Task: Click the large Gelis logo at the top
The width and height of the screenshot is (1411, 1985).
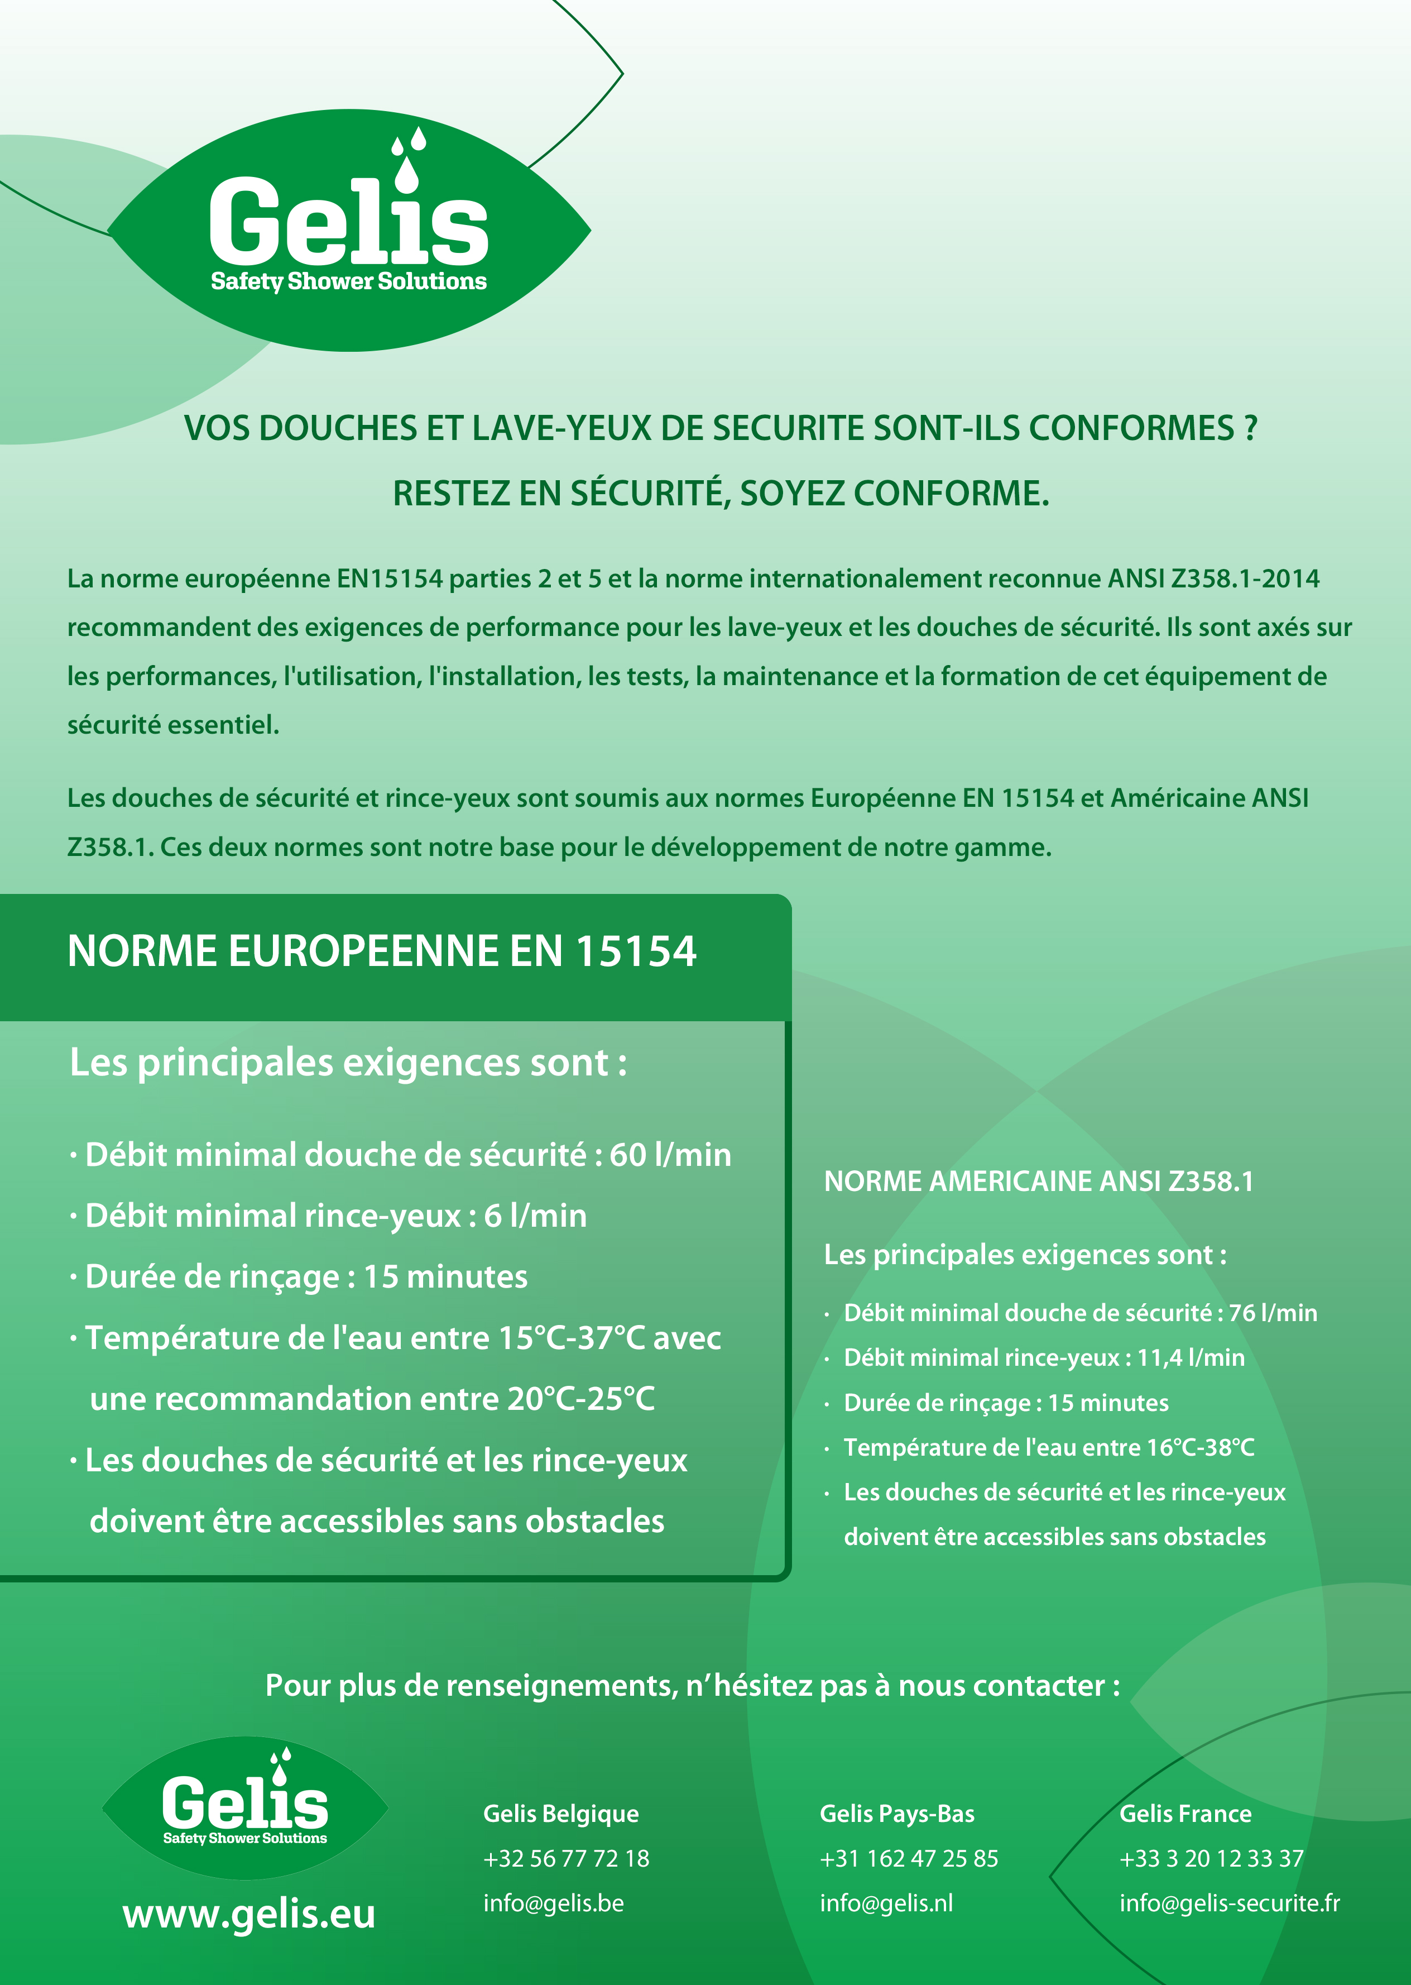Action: [348, 230]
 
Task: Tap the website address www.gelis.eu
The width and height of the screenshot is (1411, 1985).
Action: [249, 1914]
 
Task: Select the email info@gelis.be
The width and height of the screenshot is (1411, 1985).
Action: [554, 1903]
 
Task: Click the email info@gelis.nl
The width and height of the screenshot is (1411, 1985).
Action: [886, 1903]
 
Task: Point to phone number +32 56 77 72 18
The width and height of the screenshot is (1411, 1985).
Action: [565, 1858]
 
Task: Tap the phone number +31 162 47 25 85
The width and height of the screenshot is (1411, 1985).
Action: [909, 1858]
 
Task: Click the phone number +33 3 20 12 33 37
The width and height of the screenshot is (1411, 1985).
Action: [1211, 1858]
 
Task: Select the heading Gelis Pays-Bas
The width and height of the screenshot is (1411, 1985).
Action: [896, 1814]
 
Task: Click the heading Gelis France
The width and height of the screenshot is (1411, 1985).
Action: [1185, 1814]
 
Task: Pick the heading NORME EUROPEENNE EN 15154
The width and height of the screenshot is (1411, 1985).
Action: [381, 951]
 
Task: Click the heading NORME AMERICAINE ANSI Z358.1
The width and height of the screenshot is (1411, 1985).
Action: [1038, 1181]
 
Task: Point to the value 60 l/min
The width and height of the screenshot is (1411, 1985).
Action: [670, 1155]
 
